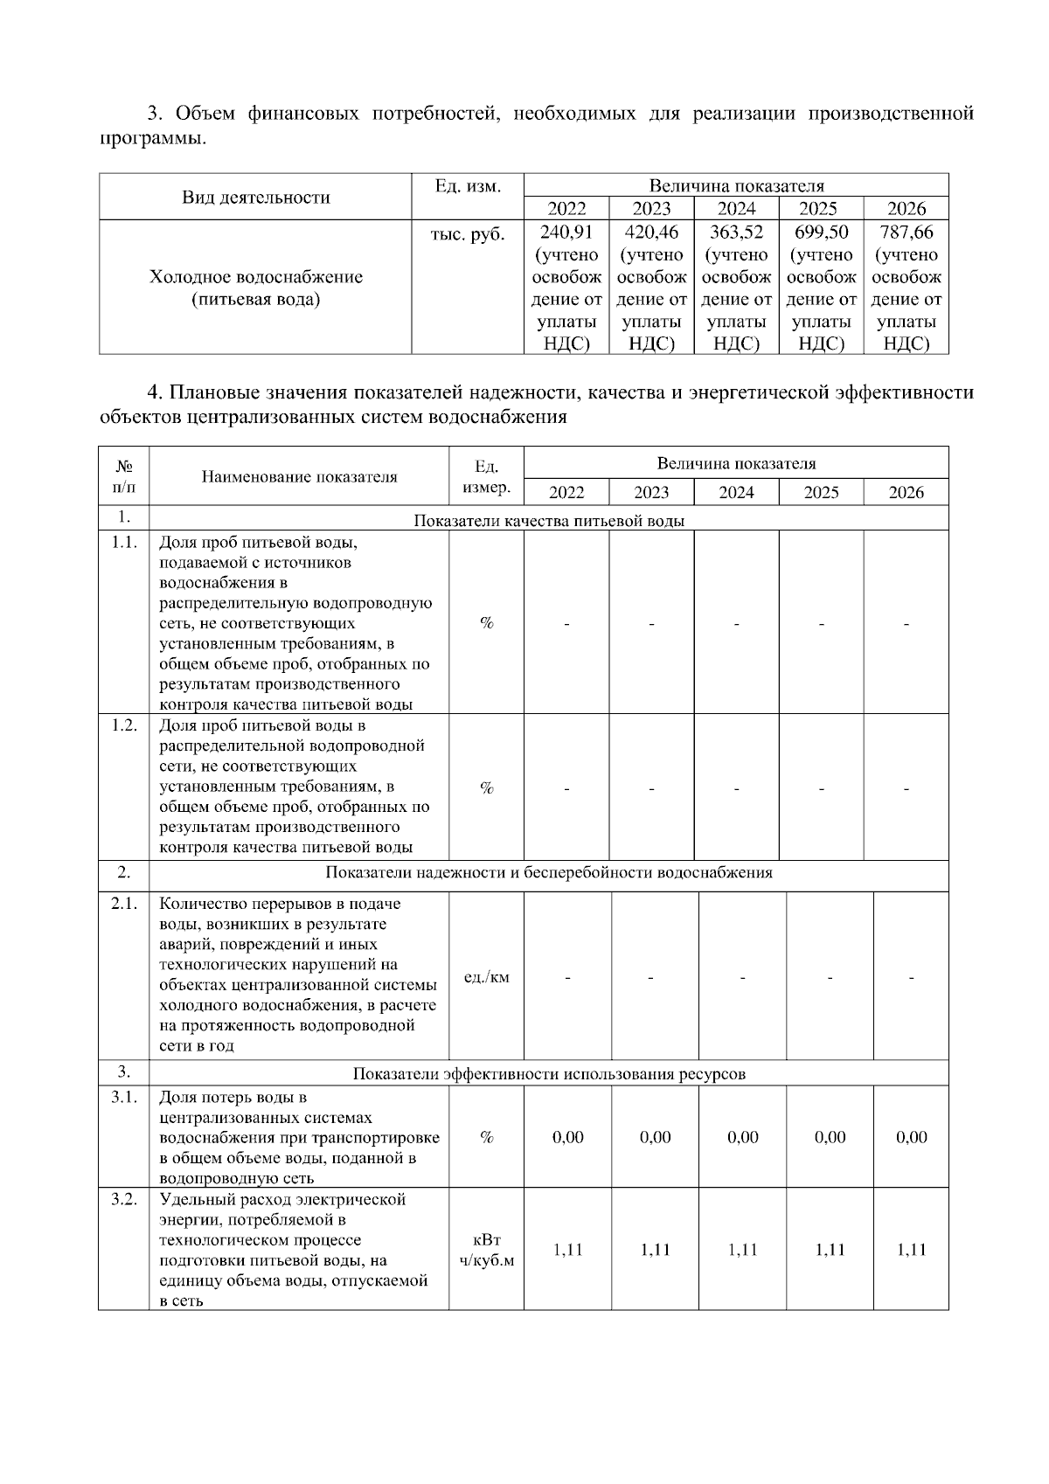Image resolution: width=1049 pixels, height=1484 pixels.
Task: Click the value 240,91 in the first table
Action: (566, 232)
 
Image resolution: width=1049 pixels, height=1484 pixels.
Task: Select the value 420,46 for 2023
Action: (651, 232)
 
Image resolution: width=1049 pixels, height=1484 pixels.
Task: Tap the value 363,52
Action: (736, 232)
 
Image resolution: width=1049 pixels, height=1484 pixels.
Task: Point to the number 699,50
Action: (821, 232)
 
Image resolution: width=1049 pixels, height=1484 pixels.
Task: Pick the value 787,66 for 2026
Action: (906, 232)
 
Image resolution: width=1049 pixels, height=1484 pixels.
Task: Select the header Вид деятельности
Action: (255, 198)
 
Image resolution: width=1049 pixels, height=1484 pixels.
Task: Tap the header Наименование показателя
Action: (299, 476)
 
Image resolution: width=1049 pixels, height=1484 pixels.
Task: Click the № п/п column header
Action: (124, 476)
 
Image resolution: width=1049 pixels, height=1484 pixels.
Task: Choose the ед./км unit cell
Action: (486, 977)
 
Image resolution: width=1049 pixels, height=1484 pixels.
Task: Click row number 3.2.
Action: (124, 1199)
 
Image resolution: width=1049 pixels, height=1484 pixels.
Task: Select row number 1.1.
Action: (124, 542)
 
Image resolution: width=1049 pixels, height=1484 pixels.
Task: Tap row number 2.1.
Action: (124, 904)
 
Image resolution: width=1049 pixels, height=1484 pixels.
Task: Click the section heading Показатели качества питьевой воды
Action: (548, 521)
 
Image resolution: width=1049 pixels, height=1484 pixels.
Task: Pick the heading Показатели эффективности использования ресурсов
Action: (548, 1073)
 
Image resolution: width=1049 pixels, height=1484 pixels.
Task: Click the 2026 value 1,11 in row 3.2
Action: (911, 1250)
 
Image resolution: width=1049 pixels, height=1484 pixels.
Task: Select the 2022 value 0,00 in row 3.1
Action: (568, 1137)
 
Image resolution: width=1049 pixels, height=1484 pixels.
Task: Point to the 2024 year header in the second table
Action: (736, 492)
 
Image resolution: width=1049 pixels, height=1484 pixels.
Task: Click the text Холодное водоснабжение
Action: (255, 278)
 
